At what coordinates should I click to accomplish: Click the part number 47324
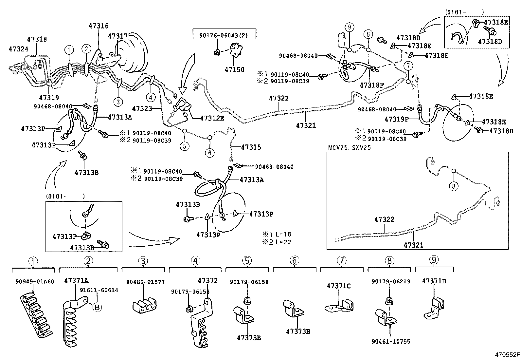pos(18,49)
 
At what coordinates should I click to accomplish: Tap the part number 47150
pos(234,69)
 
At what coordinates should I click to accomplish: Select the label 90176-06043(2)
pos(223,35)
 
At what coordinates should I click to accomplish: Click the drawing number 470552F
pos(507,354)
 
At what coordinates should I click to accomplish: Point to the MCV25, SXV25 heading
pos(350,148)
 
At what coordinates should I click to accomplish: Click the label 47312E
pos(212,118)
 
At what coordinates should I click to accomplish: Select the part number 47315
pos(251,147)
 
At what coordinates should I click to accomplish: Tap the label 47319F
pos(397,119)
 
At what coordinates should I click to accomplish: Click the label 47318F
pos(371,85)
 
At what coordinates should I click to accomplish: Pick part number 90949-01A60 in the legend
pos(35,281)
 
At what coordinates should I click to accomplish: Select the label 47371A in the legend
pos(76,280)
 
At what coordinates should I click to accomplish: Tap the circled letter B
pos(97,307)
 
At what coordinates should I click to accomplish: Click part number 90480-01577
pos(145,282)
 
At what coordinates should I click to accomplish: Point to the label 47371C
pos(338,286)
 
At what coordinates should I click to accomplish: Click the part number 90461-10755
pos(391,342)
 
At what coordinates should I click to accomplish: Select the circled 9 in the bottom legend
pos(434,260)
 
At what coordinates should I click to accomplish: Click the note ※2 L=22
pos(277,242)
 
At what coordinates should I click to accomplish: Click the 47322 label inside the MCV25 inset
pos(384,219)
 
